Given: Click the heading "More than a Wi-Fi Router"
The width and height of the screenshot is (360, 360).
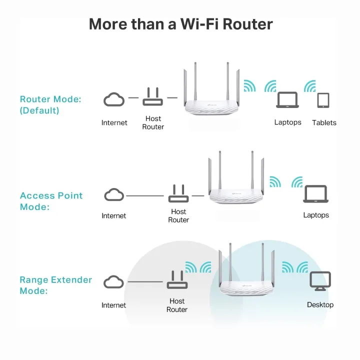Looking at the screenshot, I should pyautogui.click(x=180, y=23).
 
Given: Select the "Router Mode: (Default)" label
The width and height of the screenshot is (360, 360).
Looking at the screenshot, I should pyautogui.click(x=50, y=104).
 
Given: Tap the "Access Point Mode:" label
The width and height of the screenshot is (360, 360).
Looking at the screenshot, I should pyautogui.click(x=51, y=201).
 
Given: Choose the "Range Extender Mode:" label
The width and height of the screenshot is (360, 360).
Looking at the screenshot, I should pyautogui.click(x=55, y=285).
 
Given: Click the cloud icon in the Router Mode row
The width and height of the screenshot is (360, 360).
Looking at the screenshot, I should pyautogui.click(x=114, y=100).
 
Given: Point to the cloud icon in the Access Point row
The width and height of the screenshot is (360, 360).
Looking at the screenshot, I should pyautogui.click(x=114, y=194).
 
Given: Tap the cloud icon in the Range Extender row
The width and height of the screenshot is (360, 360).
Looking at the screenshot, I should pyautogui.click(x=114, y=282).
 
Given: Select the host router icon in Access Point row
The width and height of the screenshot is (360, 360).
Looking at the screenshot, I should pyautogui.click(x=178, y=193).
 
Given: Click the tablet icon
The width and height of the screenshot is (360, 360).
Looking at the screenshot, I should pyautogui.click(x=323, y=100).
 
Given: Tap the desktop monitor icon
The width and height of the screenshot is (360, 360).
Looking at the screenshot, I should pyautogui.click(x=320, y=281).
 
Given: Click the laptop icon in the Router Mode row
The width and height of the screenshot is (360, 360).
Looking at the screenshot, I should pyautogui.click(x=287, y=100).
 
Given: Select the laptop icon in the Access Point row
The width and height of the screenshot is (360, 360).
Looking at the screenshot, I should pyautogui.click(x=315, y=194).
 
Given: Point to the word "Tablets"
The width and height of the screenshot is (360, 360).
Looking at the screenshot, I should pyautogui.click(x=324, y=122).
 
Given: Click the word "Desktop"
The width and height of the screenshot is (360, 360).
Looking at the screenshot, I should pyautogui.click(x=320, y=304).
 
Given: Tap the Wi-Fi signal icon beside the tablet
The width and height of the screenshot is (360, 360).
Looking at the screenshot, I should pyautogui.click(x=309, y=86).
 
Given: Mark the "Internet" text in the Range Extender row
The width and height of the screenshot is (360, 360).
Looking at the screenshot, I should pyautogui.click(x=114, y=305).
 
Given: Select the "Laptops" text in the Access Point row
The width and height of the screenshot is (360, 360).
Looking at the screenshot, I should pyautogui.click(x=316, y=215).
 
